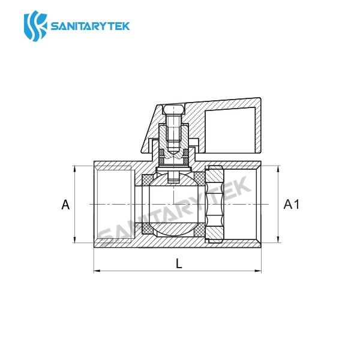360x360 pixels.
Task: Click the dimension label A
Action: click(66, 205)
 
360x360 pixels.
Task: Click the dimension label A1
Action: click(291, 205)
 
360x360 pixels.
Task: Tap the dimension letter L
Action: click(179, 262)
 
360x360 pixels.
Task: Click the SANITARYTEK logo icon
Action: click(35, 25)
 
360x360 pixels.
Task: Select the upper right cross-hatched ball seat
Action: click(202, 179)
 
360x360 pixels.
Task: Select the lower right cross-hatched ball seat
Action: click(202, 229)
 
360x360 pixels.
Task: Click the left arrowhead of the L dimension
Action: click(97, 272)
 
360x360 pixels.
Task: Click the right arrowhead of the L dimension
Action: click(260, 272)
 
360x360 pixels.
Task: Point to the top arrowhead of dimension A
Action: click(74, 169)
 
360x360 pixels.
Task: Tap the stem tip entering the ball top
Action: click(173, 178)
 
